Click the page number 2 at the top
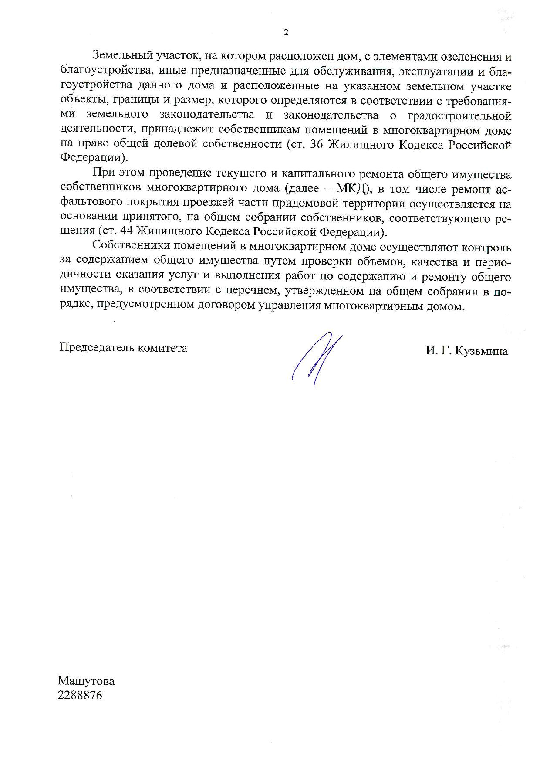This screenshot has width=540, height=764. point(286,33)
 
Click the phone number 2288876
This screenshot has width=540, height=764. point(80,695)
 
